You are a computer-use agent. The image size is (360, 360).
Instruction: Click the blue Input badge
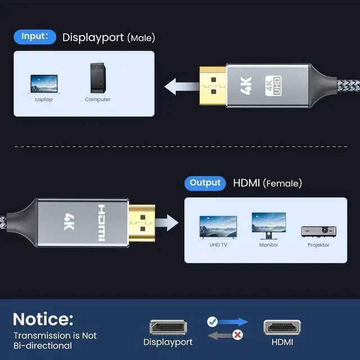pos(35,37)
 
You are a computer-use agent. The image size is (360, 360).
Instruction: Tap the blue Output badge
pos(205,183)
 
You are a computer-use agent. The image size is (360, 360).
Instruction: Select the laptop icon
pos(44,84)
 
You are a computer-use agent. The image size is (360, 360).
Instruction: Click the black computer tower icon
pos(98,78)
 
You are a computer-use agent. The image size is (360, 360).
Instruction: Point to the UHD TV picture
pos(218,227)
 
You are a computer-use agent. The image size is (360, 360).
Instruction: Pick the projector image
pos(319,232)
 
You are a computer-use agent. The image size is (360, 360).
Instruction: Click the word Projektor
pos(318,245)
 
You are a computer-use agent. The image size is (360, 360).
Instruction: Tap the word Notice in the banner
pos(43,319)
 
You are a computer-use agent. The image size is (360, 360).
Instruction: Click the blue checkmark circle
pos(213,322)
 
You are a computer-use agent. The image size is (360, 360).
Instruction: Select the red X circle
pos(237,335)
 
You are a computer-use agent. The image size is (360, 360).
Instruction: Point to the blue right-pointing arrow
pos(233,322)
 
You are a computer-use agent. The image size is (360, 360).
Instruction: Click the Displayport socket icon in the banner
pos(168,327)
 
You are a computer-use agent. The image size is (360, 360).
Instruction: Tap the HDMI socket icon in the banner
pos(282,327)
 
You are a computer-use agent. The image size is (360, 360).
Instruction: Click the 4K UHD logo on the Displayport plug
pos(273,86)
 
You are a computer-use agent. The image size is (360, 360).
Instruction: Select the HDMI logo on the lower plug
pos(102,223)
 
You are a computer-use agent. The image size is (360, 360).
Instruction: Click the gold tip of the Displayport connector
pos(213,85)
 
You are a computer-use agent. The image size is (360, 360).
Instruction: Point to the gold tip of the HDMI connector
pos(142,223)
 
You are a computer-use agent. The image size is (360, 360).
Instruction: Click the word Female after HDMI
pos(282,184)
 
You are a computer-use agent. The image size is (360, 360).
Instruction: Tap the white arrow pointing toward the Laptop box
pos(182,87)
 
